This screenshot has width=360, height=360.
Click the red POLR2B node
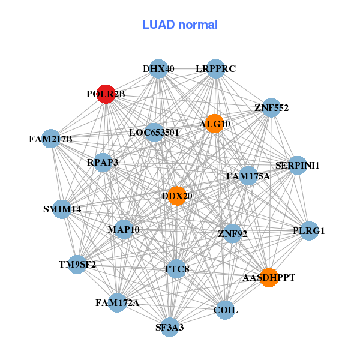pos(106,94)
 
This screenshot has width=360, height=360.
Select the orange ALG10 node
pos(214,123)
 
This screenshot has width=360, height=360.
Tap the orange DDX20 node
pos(176,196)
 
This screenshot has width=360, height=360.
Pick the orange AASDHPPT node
pos(269,278)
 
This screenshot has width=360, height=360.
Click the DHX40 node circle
pos(158,69)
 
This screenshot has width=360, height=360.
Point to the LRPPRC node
pos(215,69)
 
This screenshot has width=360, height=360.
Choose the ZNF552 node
pos(271,108)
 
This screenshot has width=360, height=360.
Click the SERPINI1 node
pos(298,165)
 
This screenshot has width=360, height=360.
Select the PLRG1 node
pos(308,231)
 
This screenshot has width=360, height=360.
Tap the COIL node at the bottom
pos(225,310)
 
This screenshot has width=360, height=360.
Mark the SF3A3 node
pos(170,327)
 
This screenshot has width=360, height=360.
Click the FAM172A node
pos(118,303)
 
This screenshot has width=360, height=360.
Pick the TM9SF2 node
pos(77,264)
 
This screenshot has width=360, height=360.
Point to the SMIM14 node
pos(62,209)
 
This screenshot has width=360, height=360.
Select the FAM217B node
pos(50,139)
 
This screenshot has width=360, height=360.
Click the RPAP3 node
pos(103,162)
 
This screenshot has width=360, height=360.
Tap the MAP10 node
pos(124,229)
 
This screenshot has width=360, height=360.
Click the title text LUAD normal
pos(180,25)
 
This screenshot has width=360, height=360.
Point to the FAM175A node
pos(248,176)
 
